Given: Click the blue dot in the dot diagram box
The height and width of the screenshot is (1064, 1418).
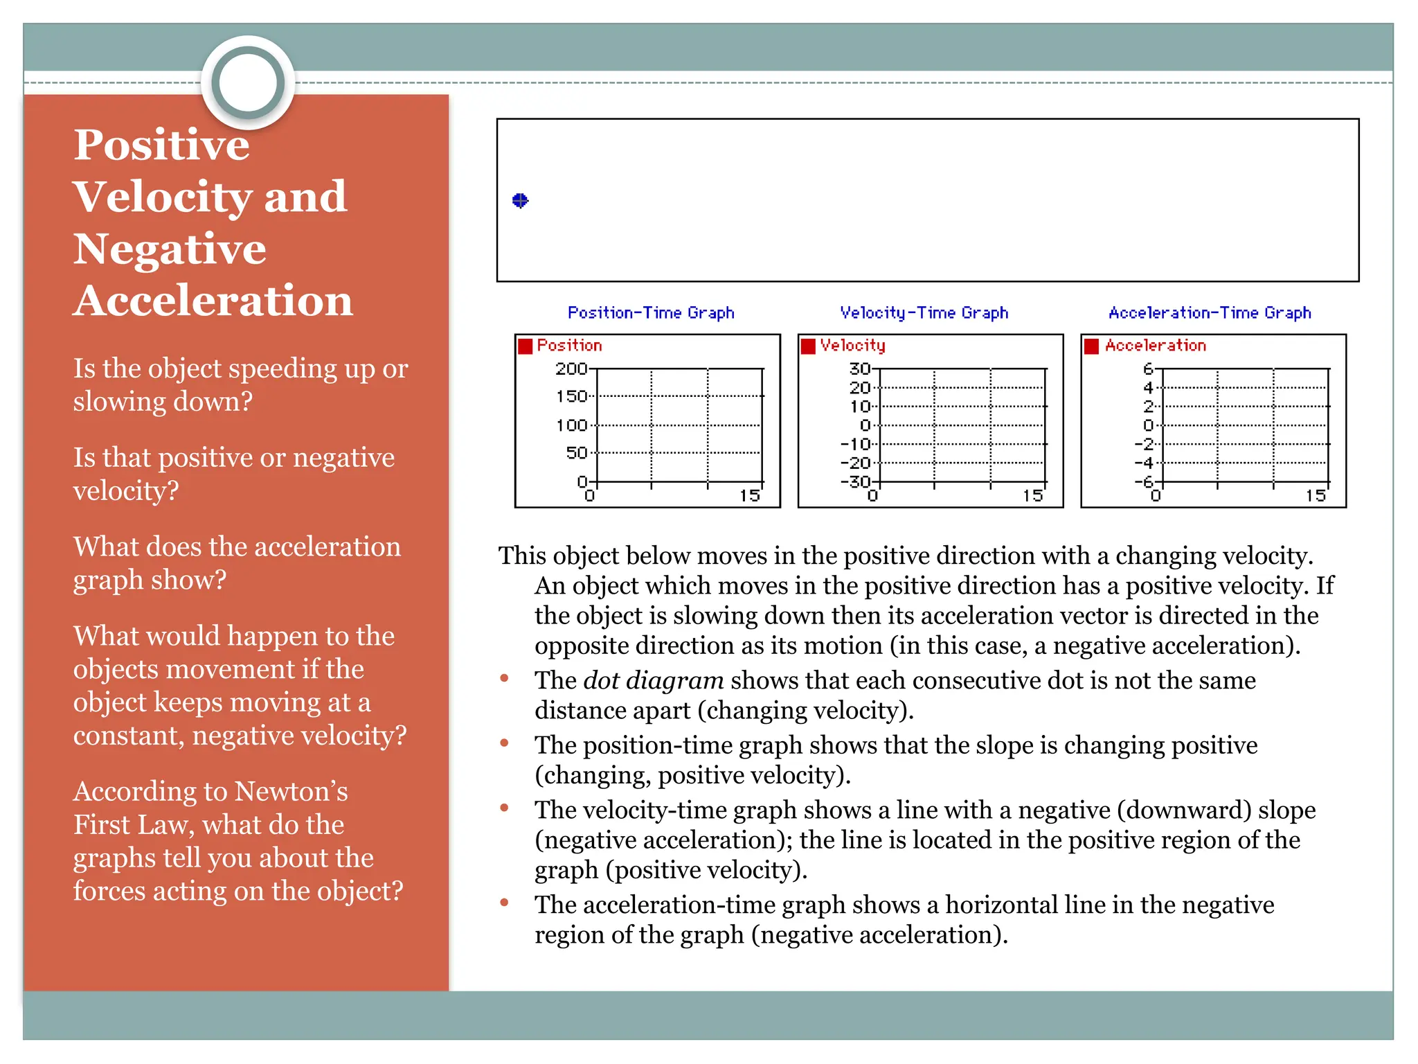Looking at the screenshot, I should tap(520, 201).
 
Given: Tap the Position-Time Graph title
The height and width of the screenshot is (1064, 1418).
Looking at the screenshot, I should tap(650, 313).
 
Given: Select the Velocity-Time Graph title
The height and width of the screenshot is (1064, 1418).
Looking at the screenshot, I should tap(924, 313).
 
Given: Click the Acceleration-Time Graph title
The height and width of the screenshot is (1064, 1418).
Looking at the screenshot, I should tap(1210, 313).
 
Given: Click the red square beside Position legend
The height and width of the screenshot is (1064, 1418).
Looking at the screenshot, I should tap(526, 346).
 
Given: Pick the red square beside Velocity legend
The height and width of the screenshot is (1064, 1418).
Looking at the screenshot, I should tap(808, 346).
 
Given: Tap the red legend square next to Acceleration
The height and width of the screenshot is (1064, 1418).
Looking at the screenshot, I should tap(1092, 346).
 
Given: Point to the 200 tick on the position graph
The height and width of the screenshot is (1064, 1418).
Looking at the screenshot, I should tap(571, 369).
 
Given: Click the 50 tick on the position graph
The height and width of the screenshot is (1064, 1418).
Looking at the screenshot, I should tap(576, 453).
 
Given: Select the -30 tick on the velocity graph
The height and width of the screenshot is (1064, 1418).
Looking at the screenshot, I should tap(857, 481).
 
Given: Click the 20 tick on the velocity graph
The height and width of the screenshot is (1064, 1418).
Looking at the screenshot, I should tap(860, 388).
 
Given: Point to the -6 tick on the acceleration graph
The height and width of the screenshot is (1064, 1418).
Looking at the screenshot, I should tap(1145, 481).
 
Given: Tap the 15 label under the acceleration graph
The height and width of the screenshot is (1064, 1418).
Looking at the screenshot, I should tap(1316, 496).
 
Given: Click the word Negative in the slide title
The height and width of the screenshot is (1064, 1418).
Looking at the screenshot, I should tap(170, 249).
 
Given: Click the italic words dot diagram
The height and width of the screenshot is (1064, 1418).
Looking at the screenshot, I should tap(653, 681).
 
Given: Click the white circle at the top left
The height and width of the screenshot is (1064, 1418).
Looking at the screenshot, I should tap(248, 82).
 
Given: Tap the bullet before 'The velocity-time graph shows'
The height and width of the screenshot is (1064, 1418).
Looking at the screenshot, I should tap(505, 808).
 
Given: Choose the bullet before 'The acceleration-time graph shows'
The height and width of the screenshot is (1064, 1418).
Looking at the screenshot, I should tap(505, 903).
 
